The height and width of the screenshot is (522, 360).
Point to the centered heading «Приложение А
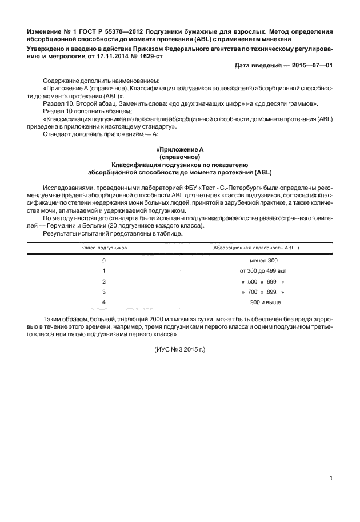[x=180, y=150]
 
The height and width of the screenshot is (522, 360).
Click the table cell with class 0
[x=104, y=261]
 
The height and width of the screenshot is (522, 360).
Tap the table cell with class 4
[x=104, y=302]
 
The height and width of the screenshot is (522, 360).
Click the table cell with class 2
[x=104, y=281]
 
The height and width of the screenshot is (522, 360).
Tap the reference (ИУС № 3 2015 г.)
[x=179, y=349]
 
